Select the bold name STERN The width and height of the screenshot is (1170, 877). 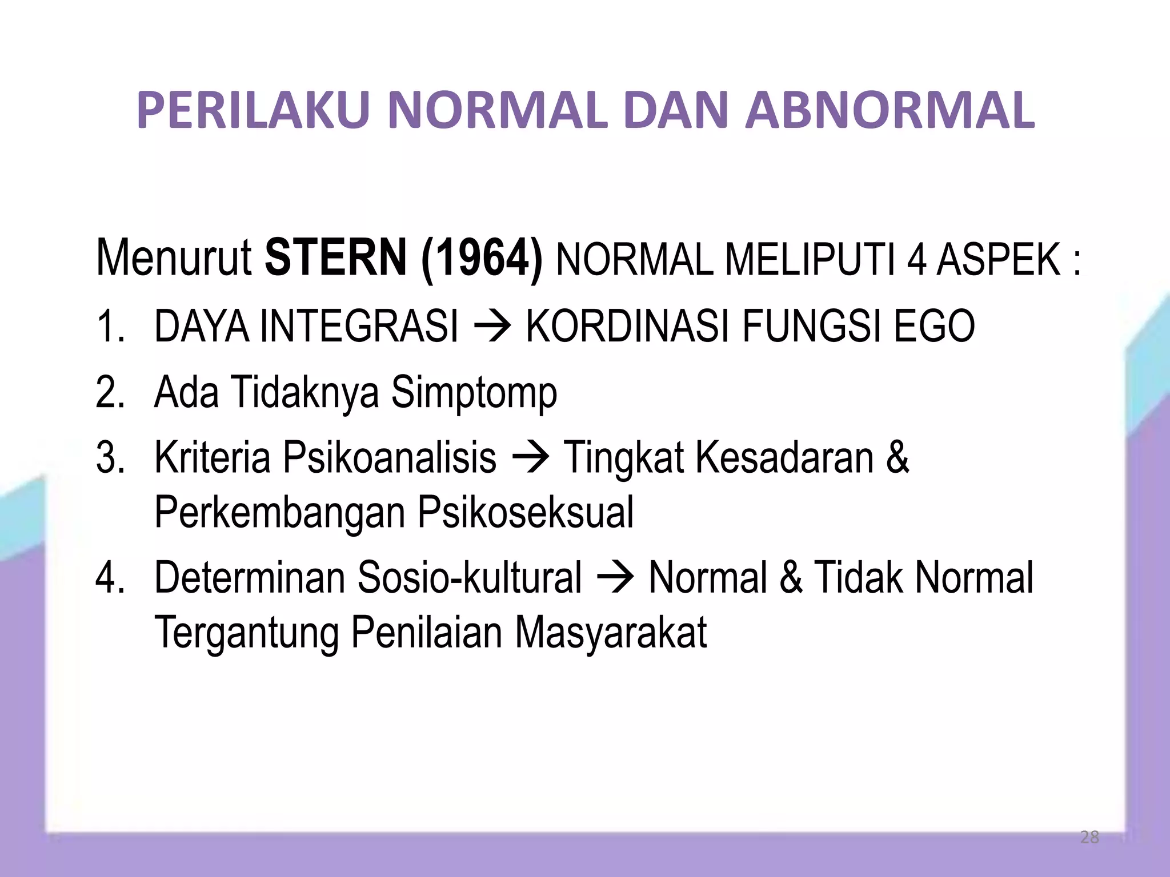(336, 259)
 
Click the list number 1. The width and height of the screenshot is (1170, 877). (109, 327)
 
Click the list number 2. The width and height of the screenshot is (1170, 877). (109, 393)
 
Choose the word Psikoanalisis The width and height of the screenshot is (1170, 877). (390, 458)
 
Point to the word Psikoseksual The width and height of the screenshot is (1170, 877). (526, 513)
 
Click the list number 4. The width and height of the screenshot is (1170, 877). (109, 578)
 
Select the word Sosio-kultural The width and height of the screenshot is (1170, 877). (469, 578)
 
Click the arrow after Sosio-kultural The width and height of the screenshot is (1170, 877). (615, 578)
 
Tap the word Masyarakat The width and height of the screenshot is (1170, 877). (611, 633)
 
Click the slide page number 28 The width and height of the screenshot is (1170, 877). (1089, 837)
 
